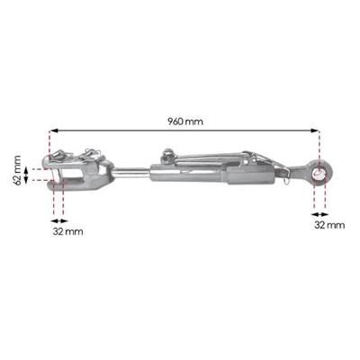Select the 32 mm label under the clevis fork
point(67,231)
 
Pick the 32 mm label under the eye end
point(329,224)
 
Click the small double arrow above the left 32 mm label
point(58,215)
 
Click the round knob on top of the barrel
point(164,157)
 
